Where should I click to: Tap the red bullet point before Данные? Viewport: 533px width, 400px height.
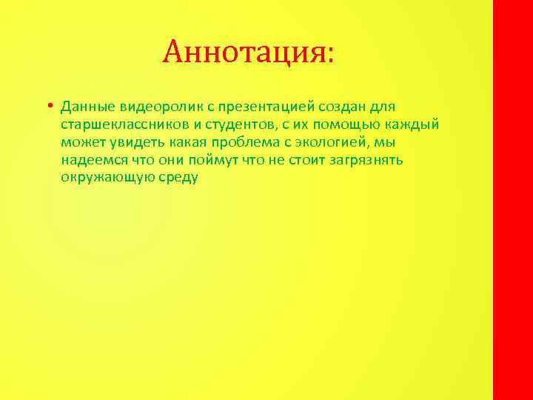tap(47, 105)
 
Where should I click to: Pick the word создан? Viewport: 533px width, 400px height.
tap(356, 107)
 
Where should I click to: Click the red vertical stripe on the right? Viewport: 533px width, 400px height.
tap(512, 200)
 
